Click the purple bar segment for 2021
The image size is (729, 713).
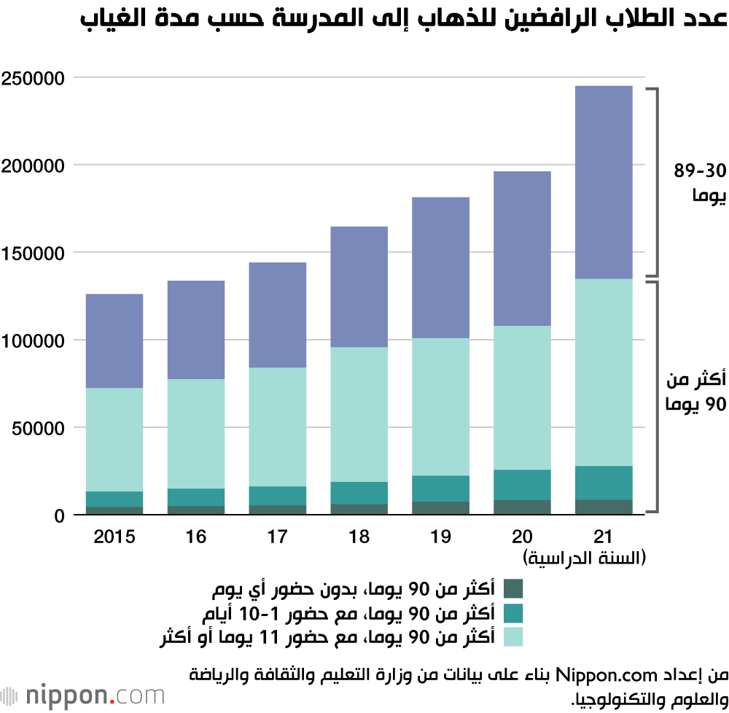click(604, 182)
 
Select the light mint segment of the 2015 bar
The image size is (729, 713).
click(114, 440)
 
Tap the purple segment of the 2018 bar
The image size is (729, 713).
click(359, 287)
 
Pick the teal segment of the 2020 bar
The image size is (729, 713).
click(522, 485)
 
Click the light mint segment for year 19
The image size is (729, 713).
click(440, 407)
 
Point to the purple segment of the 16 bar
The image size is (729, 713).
click(196, 330)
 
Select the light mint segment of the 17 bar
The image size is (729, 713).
click(278, 426)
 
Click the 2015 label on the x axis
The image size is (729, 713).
click(114, 537)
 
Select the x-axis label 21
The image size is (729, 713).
click(603, 537)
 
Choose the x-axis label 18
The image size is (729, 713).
click(359, 537)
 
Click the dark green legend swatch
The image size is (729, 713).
click(513, 588)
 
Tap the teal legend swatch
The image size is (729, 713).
click(513, 612)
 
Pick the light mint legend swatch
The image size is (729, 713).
click(513, 636)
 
